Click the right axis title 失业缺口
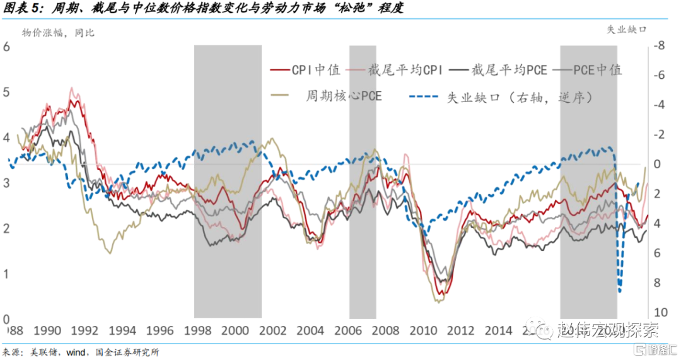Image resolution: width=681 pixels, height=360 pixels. pos(627,30)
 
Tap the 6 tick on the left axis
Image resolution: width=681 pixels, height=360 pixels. pos(7,47)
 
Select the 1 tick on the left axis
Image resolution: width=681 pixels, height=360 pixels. pos(7,274)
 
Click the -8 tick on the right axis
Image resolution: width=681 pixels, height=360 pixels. pos(660,46)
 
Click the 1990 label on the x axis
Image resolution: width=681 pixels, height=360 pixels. pos(46,331)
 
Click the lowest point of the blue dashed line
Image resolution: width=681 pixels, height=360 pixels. pos(620,291)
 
